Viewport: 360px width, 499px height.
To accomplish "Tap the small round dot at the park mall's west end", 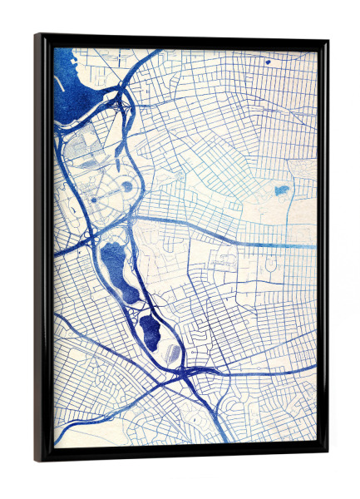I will pos(93,200).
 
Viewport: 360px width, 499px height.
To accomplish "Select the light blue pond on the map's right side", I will pos(282,190).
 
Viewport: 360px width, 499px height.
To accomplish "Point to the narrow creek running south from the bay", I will pos(60,166).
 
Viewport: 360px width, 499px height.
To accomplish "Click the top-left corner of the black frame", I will pos(36,35).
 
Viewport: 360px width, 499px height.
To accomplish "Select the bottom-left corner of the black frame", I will pos(36,460).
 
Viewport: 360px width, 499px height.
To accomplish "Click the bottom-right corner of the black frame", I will pos(327,453).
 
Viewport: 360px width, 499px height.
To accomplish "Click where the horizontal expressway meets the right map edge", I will pos(316,246).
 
